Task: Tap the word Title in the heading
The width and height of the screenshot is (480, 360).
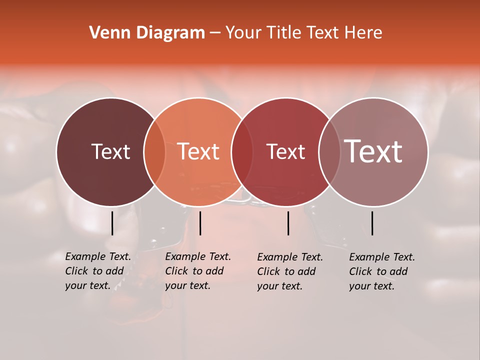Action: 283,33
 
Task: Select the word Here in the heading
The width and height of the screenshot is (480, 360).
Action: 363,33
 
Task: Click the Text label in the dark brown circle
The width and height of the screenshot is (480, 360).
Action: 110,151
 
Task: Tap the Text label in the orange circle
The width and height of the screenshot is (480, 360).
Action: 198,151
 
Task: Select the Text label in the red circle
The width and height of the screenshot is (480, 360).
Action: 285,151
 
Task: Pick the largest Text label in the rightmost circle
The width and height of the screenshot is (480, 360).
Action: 373,151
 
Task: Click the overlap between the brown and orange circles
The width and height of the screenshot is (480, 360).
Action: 154,152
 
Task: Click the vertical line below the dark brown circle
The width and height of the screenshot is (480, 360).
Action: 112,223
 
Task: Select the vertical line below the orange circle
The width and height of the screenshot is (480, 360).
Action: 200,223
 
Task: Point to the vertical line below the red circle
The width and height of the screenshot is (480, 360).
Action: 288,223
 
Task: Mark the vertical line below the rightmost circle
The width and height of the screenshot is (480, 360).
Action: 372,223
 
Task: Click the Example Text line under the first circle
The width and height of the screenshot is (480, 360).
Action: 98,256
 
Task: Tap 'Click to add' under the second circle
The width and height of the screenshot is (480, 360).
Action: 194,271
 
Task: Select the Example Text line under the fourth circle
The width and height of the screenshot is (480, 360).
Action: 382,257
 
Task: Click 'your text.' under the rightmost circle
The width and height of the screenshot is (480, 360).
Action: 372,286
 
